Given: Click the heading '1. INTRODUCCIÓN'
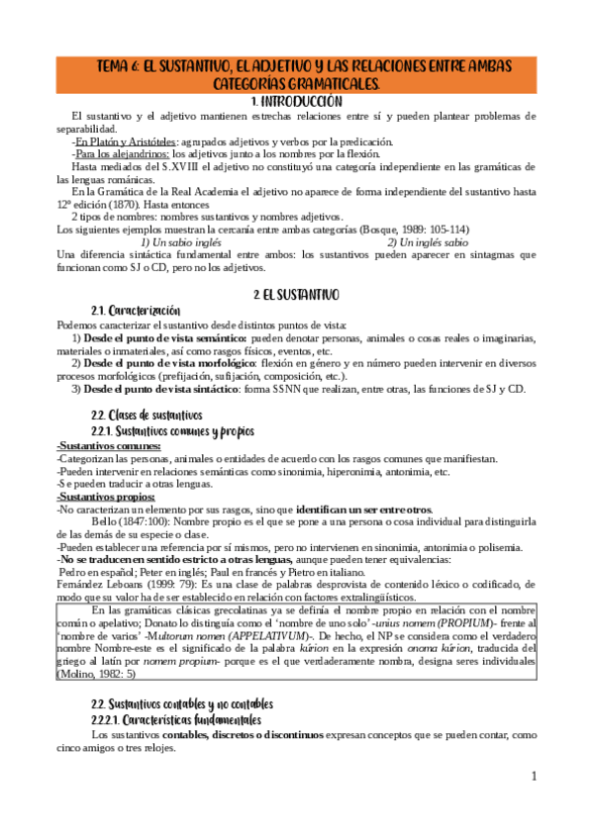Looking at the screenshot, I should (x=297, y=101).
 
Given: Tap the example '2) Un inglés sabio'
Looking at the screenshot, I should (x=428, y=241).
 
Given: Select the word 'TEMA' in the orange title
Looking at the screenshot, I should (x=116, y=66).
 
